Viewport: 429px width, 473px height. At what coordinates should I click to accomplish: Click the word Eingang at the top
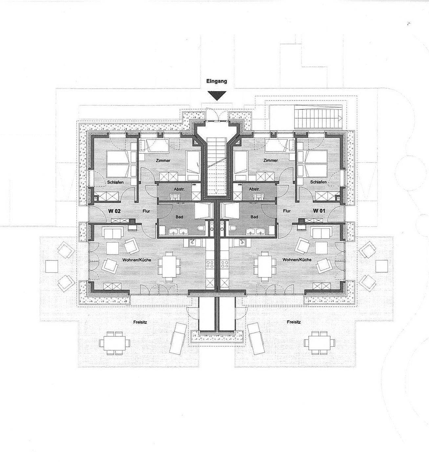tap(217, 81)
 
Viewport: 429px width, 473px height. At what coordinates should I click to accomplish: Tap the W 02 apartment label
tap(114, 211)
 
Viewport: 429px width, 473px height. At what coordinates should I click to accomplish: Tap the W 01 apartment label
tap(319, 211)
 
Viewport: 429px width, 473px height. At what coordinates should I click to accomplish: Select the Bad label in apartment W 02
tap(179, 217)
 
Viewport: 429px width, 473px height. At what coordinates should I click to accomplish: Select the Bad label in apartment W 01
tap(254, 217)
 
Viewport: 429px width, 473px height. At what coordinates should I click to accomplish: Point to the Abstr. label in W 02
tap(179, 189)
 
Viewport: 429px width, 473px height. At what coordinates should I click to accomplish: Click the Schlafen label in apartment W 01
tap(318, 182)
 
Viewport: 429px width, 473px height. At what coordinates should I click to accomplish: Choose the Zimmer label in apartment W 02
tap(163, 161)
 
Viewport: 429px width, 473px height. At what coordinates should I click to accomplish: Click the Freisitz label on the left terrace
tap(140, 322)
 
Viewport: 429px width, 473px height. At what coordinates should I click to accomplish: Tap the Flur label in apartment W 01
tap(287, 211)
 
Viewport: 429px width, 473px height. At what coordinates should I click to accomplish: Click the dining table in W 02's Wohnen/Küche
tap(169, 266)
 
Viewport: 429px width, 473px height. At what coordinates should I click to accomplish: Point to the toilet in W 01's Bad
tap(233, 228)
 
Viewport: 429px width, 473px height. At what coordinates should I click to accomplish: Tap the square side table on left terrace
tap(52, 266)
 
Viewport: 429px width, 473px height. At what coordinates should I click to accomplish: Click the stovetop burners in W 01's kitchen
tap(225, 264)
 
